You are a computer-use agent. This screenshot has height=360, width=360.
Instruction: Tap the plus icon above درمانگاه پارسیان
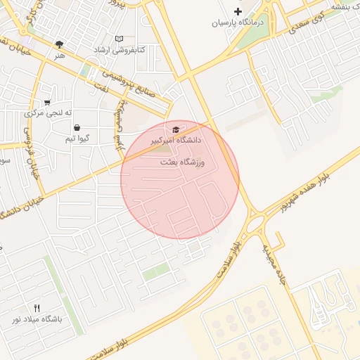point(238,11)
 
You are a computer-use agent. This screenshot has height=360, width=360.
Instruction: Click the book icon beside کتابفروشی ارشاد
point(119,38)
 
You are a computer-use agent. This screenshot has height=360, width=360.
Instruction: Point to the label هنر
point(59,54)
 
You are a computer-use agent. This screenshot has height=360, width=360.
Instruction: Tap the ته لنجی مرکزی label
point(44,112)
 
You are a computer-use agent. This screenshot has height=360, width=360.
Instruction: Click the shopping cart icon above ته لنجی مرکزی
point(47,102)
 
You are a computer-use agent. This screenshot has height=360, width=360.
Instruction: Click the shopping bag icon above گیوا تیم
point(76,128)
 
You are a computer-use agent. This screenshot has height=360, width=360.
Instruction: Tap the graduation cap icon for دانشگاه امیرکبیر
point(175,129)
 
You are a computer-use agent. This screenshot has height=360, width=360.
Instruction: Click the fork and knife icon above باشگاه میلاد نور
point(37,308)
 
